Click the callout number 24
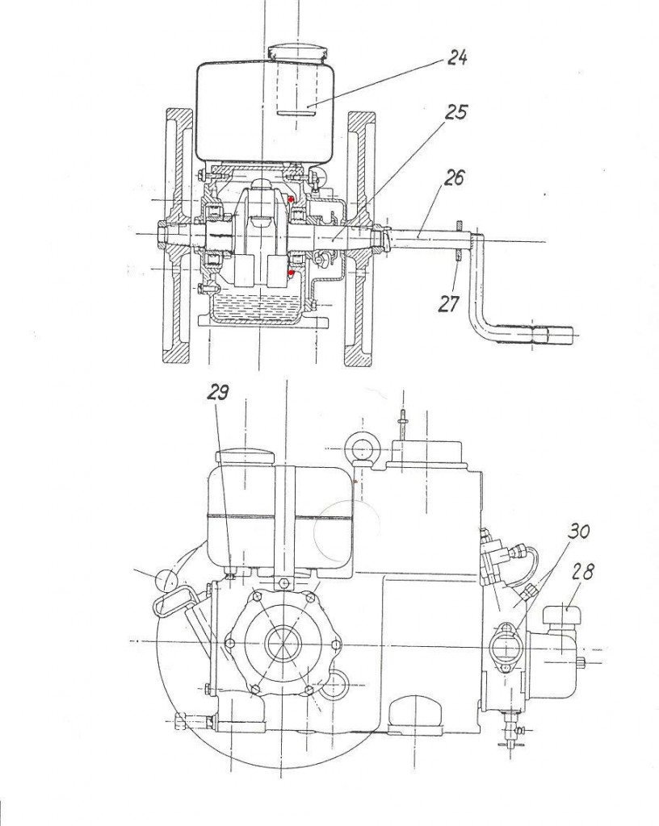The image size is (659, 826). click(456, 57)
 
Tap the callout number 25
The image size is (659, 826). click(455, 111)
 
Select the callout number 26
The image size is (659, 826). click(453, 177)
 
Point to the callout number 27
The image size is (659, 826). click(449, 304)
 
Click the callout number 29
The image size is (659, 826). click(216, 392)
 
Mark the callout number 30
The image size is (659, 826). click(577, 531)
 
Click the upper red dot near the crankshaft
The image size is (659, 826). click(291, 199)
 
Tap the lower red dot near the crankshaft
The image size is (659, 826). click(291, 273)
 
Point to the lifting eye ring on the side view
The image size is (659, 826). click(361, 448)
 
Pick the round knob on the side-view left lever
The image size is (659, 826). click(167, 581)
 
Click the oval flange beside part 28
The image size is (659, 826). click(506, 645)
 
